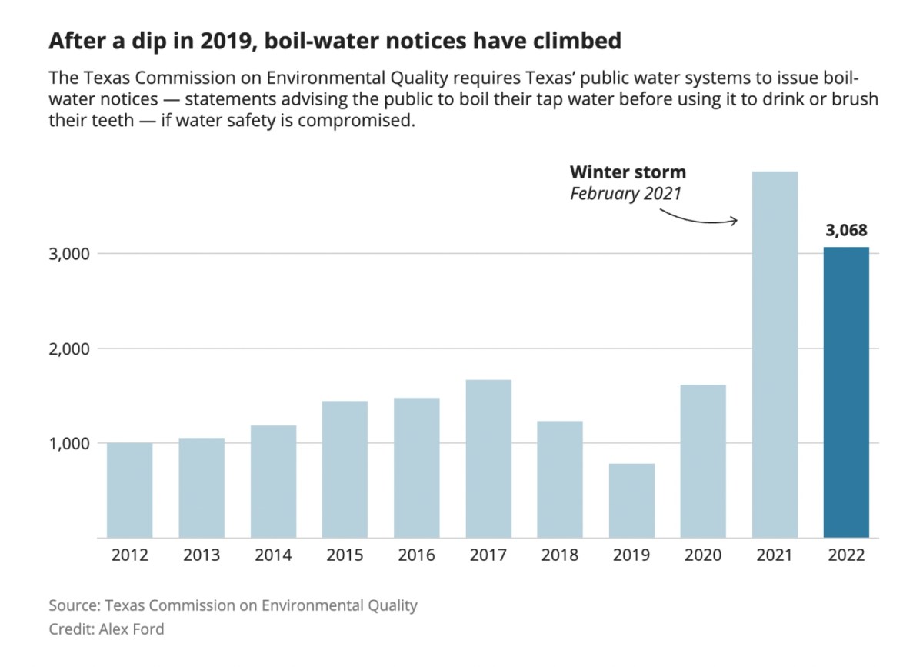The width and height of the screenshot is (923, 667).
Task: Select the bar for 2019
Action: (x=631, y=500)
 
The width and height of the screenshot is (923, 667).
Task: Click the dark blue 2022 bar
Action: (x=846, y=392)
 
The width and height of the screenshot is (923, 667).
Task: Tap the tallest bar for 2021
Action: (x=775, y=354)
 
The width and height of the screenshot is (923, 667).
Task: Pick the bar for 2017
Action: (x=488, y=459)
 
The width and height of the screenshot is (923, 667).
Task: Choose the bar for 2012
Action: (x=130, y=490)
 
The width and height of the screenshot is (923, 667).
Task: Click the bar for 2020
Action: (x=703, y=461)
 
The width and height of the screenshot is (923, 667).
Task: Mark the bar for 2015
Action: (x=345, y=469)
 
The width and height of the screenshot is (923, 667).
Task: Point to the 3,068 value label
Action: (x=846, y=230)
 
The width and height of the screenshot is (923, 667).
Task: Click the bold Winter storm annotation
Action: (x=628, y=172)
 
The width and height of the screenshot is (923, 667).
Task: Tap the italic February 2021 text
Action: (x=625, y=193)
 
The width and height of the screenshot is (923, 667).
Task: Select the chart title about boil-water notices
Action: (x=335, y=41)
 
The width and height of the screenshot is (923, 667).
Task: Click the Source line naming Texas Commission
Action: (x=233, y=605)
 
